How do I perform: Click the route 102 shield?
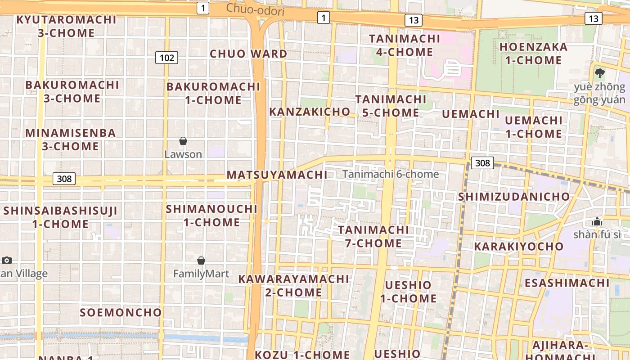click(166, 58)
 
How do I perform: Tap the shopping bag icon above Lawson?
click(183, 141)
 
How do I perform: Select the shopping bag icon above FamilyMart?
click(201, 261)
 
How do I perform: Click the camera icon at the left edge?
click(6, 260)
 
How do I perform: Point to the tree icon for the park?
click(599, 73)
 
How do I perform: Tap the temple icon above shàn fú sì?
click(597, 221)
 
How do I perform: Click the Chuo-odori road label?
click(255, 9)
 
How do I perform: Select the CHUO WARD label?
click(248, 54)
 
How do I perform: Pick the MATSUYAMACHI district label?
click(277, 175)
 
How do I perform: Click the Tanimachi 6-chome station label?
click(390, 174)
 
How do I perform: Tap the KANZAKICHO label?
click(310, 112)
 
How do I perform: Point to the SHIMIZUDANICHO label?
click(514, 197)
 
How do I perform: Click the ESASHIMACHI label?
click(567, 283)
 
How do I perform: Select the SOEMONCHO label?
click(121, 312)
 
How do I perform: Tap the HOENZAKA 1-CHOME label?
click(533, 54)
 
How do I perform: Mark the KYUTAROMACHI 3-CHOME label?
click(67, 26)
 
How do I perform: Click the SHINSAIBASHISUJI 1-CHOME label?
click(60, 217)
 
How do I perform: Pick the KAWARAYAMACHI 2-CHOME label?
click(293, 285)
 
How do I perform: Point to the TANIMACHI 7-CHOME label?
click(373, 236)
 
